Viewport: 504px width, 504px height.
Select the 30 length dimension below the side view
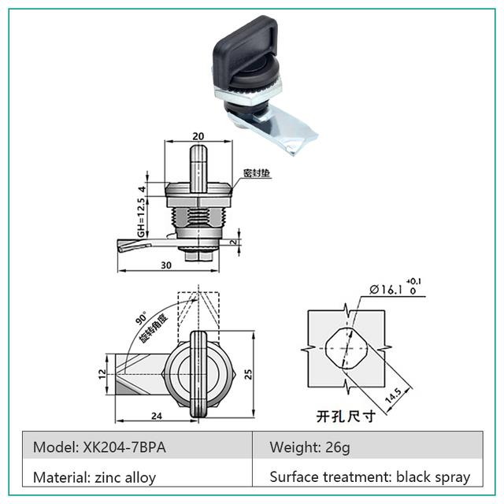coord(165,265)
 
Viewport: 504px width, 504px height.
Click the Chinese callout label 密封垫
coord(258,172)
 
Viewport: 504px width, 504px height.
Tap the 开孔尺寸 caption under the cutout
coord(344,416)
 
